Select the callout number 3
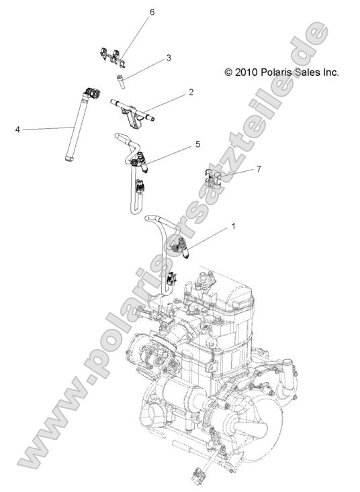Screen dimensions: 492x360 click(x=169, y=58)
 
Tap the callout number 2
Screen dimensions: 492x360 click(x=191, y=91)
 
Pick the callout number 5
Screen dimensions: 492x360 click(x=197, y=144)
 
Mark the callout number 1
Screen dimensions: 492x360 click(x=233, y=227)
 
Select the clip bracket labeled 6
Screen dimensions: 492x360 click(x=114, y=56)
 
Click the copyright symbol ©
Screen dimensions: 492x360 click(x=228, y=71)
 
